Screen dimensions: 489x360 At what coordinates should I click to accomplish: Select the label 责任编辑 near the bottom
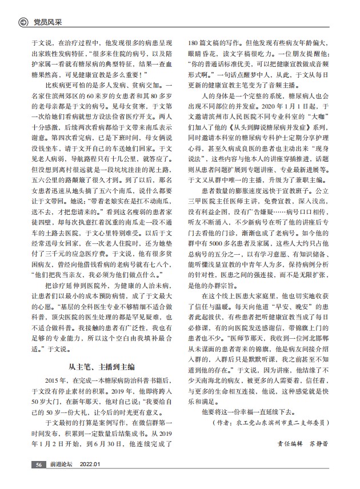point(289,442)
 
